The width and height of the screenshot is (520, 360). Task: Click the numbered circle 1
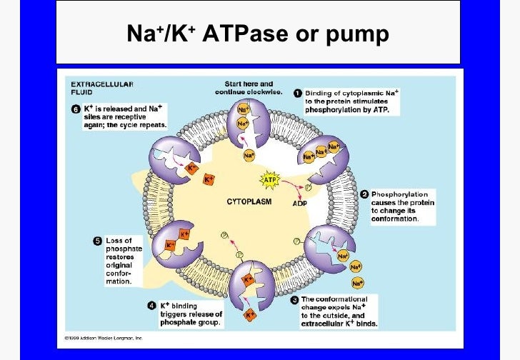[297, 93]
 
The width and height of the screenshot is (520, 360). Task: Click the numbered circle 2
[364, 194]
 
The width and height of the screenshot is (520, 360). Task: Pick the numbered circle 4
[151, 305]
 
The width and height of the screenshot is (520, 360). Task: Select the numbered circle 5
[98, 240]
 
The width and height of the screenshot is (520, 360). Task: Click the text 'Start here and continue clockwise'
[248, 88]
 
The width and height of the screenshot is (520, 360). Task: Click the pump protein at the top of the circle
[247, 124]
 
